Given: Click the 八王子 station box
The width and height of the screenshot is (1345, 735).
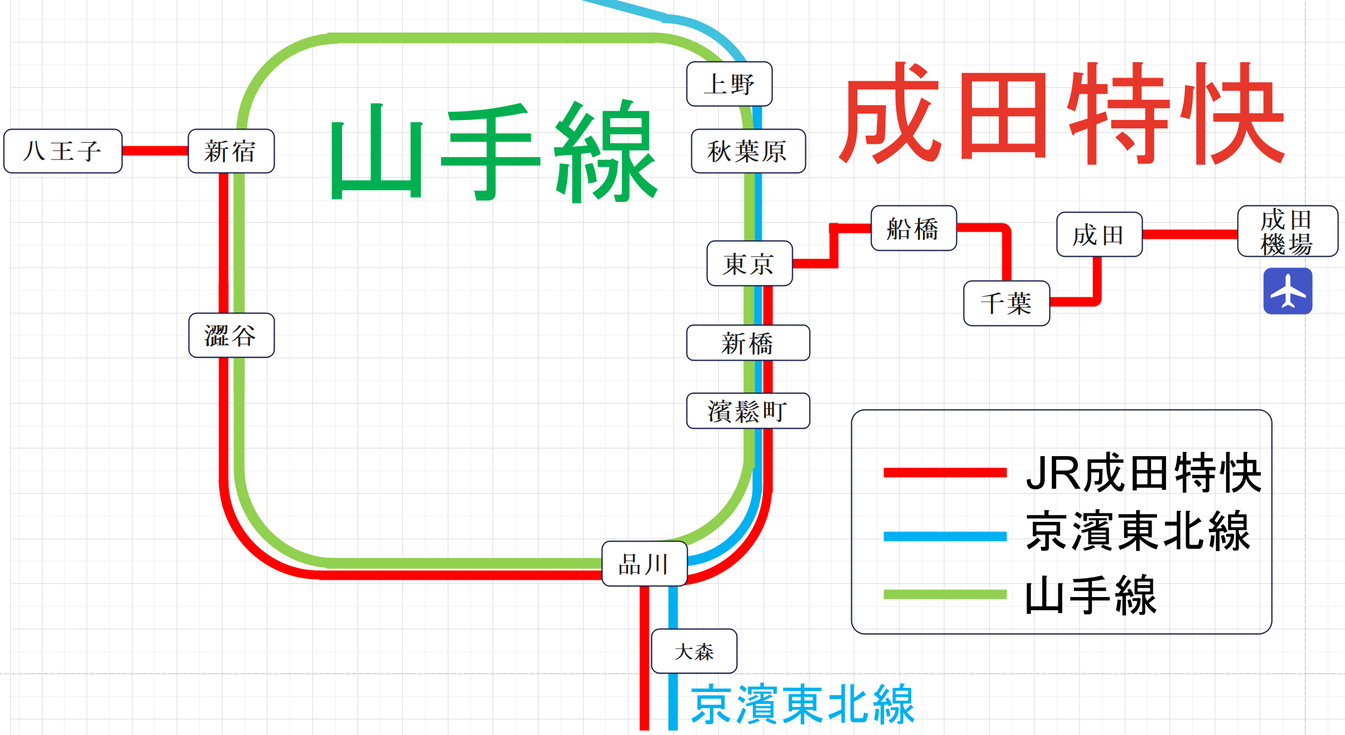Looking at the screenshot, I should tap(63, 151).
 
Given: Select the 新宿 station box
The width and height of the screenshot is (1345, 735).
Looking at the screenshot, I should tap(231, 151).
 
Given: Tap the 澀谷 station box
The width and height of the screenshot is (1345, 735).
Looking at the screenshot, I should tap(231, 335).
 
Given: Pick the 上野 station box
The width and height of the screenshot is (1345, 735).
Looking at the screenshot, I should tap(729, 84).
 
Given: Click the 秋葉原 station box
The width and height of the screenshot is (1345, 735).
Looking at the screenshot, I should tap(748, 151).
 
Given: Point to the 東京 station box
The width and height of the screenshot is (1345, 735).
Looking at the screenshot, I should tap(749, 263).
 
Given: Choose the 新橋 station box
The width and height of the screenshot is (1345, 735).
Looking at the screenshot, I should tap(748, 343).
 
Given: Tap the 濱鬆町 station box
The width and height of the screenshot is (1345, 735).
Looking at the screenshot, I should tap(748, 411).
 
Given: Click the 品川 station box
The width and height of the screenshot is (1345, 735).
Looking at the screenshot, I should tap(644, 564).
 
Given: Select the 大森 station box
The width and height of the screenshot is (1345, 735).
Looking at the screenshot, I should tap(694, 651).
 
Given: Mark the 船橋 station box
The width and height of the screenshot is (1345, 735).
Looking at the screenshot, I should tap(913, 228).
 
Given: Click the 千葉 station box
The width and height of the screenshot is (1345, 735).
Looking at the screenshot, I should tap(1007, 303).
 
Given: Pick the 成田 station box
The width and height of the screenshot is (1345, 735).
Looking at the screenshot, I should tap(1099, 235).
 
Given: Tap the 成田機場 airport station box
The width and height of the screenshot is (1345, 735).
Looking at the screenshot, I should tap(1287, 231).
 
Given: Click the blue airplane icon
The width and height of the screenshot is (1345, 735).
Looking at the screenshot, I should tap(1288, 291).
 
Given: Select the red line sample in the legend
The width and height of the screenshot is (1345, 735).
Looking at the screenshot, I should tap(944, 473).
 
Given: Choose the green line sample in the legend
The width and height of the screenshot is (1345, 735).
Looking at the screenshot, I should tap(944, 594).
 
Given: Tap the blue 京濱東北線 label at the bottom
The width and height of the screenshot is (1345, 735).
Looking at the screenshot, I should tap(802, 705).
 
